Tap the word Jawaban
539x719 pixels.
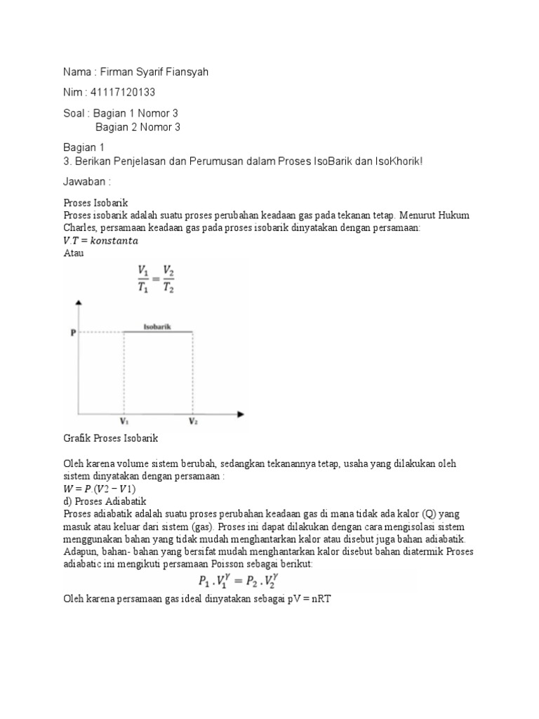(x=87, y=182)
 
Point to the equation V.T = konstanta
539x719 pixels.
(x=101, y=240)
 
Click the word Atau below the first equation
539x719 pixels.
(x=74, y=253)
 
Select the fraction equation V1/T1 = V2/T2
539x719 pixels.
(x=157, y=277)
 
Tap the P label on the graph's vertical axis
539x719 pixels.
(x=72, y=333)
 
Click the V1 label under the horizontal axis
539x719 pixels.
(x=124, y=421)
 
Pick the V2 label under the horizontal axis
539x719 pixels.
(x=192, y=421)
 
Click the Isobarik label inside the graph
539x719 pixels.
(x=157, y=326)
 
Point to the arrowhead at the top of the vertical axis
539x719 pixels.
(x=79, y=303)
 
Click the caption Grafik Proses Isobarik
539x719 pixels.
(x=111, y=438)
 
